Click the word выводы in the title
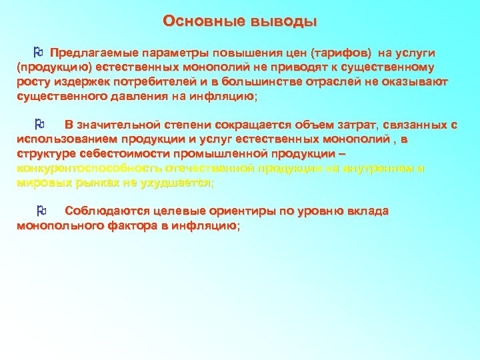[x=283, y=21]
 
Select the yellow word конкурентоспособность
[x=87, y=168]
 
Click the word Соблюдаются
[x=105, y=211]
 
